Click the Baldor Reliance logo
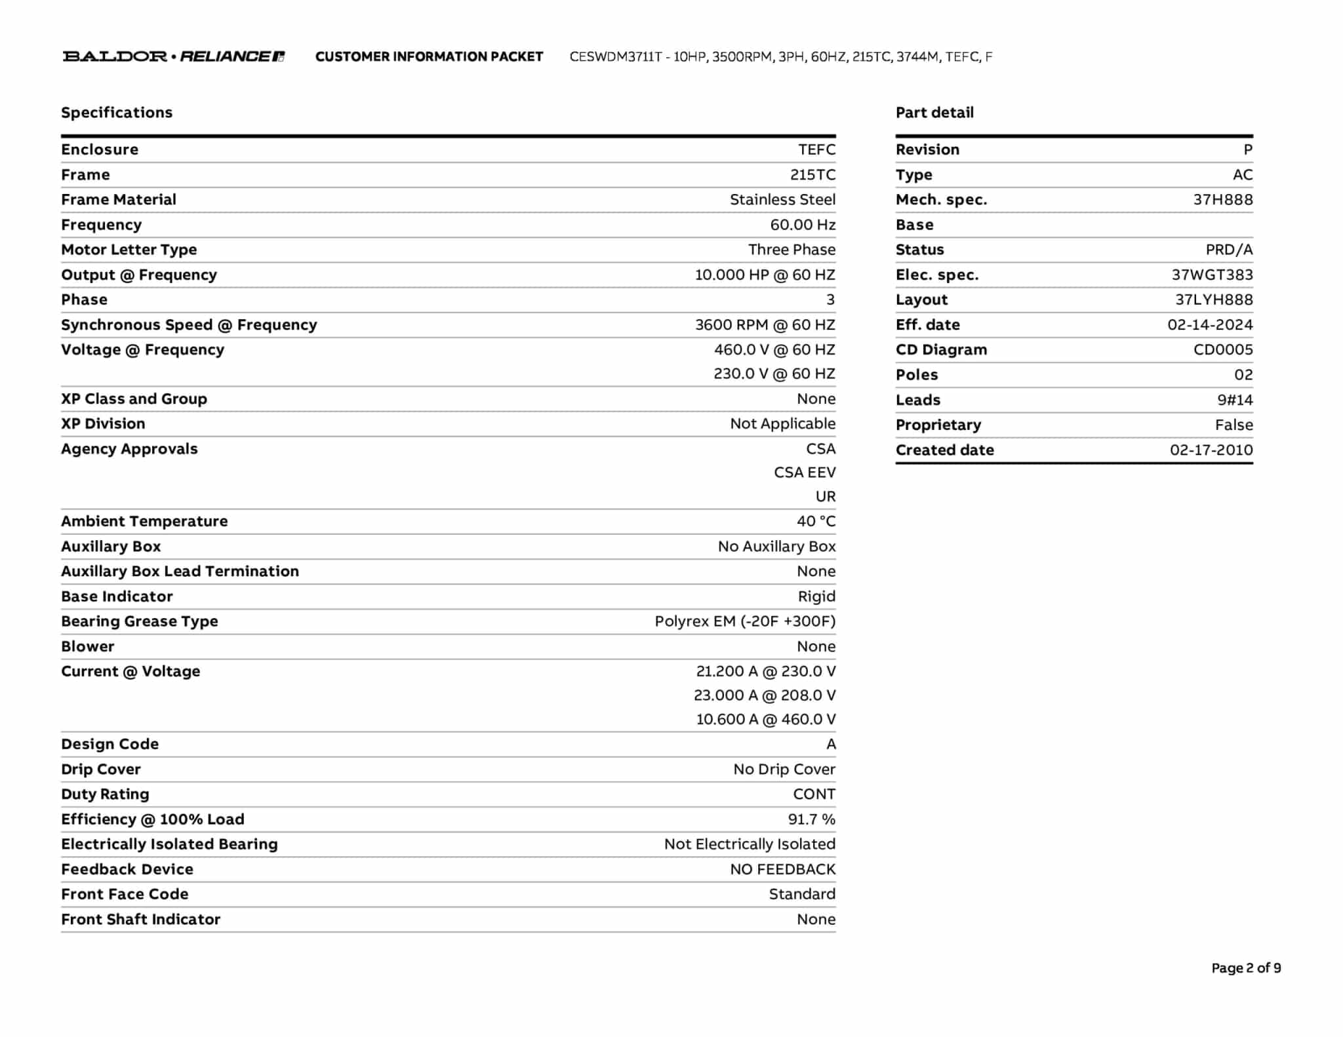click(174, 56)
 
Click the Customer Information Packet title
click(429, 57)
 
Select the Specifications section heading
click(117, 113)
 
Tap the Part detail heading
click(934, 113)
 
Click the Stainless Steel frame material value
click(782, 200)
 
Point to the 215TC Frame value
click(812, 175)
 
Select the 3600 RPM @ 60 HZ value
click(765, 325)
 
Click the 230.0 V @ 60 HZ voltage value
click(774, 374)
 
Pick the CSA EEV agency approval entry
click(805, 473)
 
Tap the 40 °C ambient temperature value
click(816, 521)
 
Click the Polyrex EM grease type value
click(744, 621)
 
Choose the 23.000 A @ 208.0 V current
click(764, 695)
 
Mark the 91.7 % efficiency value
click(811, 819)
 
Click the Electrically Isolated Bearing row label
click(169, 844)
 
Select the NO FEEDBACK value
click(782, 869)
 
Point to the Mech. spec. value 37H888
click(1222, 200)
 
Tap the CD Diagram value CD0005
click(1222, 350)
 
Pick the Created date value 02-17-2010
click(1211, 450)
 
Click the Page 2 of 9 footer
click(1245, 968)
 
